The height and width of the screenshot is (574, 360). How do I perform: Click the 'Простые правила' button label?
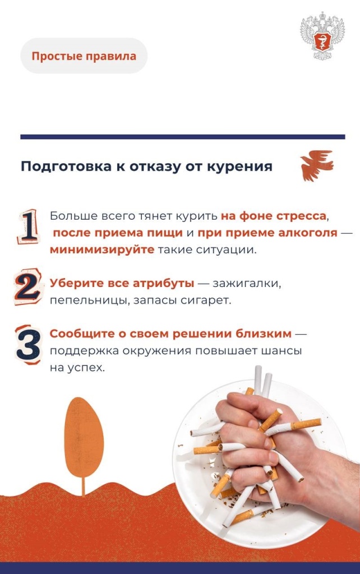[x=84, y=56]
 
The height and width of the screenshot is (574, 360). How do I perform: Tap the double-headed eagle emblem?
[x=322, y=36]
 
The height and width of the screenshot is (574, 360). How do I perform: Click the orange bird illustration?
[x=316, y=165]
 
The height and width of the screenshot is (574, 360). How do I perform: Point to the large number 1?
[x=28, y=226]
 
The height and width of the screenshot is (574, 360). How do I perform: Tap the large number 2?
[x=28, y=286]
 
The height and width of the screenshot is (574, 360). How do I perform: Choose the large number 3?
[x=28, y=344]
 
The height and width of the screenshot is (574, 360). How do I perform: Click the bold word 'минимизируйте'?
[x=102, y=250]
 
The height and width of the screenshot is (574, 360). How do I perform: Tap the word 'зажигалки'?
[x=247, y=284]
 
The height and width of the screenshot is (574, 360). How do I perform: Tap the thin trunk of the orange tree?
[x=84, y=487]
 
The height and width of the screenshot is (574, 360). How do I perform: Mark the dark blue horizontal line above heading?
[x=183, y=137]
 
